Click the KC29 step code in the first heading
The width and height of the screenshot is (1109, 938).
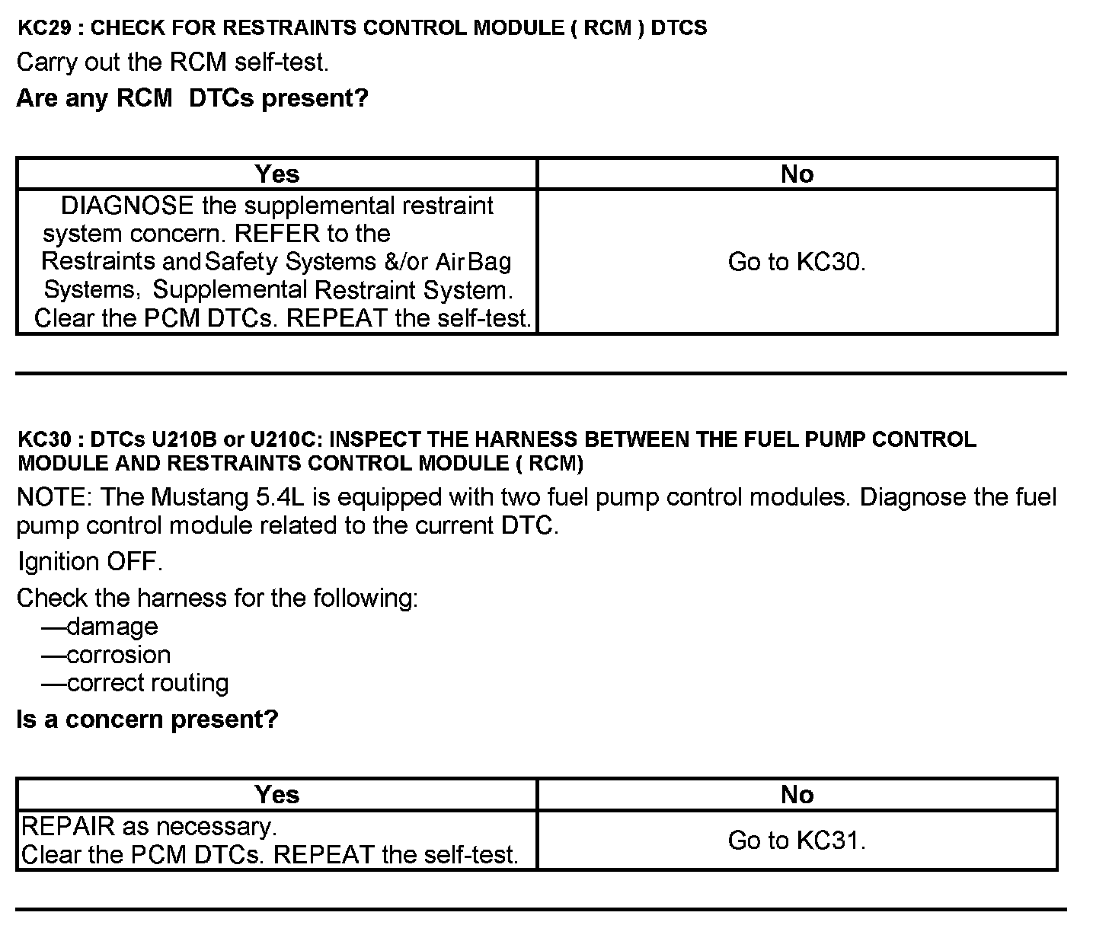[x=46, y=28]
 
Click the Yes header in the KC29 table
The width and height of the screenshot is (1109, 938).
[x=277, y=174]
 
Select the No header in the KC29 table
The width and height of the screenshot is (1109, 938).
[x=797, y=174]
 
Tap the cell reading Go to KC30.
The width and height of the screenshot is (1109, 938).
[x=797, y=262]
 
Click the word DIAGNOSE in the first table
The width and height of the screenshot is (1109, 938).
[x=127, y=206]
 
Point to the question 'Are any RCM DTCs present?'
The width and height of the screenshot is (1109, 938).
[x=192, y=98]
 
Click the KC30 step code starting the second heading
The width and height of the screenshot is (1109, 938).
[x=46, y=439]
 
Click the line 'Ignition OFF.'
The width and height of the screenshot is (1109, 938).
[x=90, y=563]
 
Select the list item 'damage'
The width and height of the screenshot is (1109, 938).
[x=112, y=627]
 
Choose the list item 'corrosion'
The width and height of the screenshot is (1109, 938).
[x=119, y=655]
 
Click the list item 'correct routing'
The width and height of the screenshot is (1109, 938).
[x=148, y=683]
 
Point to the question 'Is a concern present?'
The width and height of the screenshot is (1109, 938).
[x=147, y=719]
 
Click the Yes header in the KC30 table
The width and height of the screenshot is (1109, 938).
[x=277, y=795]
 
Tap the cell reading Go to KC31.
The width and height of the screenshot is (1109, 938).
[x=797, y=841]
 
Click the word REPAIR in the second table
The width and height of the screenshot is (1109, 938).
[x=69, y=826]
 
